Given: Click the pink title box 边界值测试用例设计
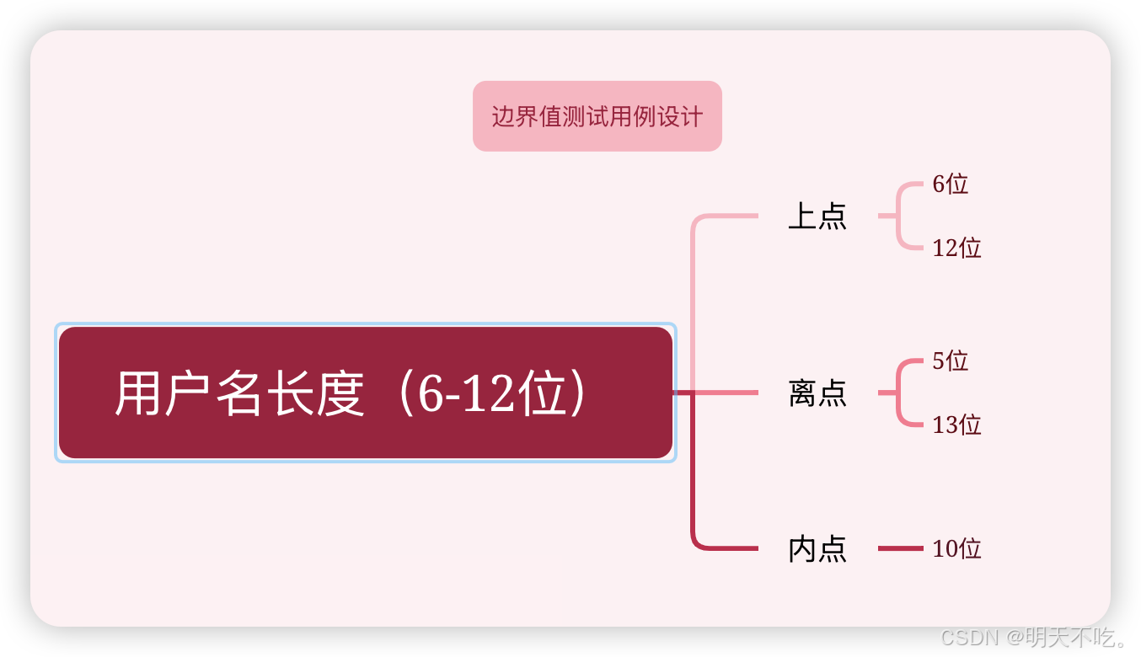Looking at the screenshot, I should (x=597, y=116).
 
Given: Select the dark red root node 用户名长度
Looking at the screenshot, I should (x=365, y=393).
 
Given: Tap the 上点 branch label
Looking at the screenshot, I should (x=817, y=216).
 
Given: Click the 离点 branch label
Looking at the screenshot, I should (x=817, y=393).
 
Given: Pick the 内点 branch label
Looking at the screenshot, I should (x=817, y=549).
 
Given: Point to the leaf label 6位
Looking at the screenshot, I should (x=950, y=184).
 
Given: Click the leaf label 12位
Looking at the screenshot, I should (x=956, y=248).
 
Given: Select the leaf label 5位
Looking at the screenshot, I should (x=950, y=361).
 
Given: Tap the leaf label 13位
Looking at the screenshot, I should (x=956, y=425).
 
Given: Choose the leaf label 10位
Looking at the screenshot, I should (x=956, y=549).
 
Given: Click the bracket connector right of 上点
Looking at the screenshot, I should (x=899, y=216).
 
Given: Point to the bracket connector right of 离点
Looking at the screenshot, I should (x=899, y=393).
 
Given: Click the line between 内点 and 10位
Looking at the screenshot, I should (x=900, y=548).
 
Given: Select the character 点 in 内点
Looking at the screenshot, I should (x=832, y=549).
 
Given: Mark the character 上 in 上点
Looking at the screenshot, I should (x=801, y=216).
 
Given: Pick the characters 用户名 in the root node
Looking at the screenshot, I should (x=189, y=394).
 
